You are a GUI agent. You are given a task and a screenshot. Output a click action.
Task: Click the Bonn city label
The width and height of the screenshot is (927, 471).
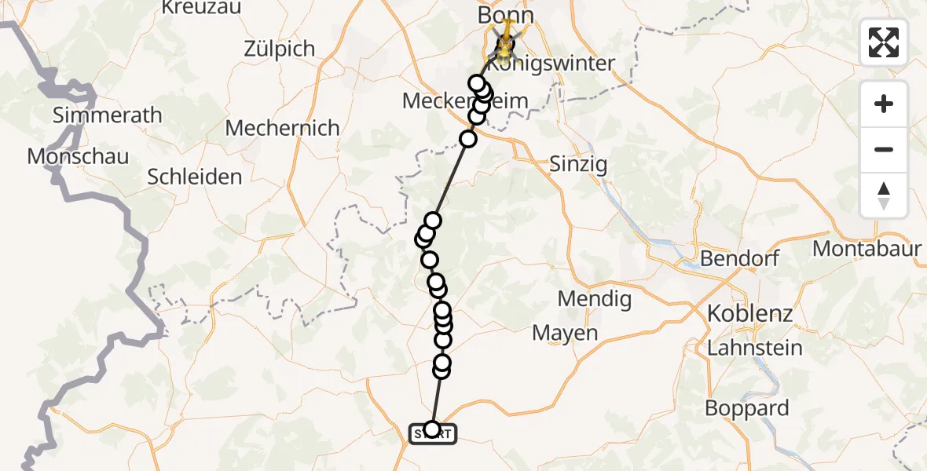505,16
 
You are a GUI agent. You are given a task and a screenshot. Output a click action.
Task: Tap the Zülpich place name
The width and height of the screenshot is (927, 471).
279,49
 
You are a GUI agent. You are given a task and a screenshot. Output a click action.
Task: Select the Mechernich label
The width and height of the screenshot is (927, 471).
282,128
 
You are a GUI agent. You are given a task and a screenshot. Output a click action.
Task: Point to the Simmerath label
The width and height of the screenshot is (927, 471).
108,115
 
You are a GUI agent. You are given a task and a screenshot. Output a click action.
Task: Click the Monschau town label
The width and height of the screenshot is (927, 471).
78,156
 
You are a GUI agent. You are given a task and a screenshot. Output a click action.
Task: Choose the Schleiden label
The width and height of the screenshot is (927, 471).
195,177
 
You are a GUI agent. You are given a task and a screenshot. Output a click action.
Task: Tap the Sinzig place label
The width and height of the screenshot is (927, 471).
578,165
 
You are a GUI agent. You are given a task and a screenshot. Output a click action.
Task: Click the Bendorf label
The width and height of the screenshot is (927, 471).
738,258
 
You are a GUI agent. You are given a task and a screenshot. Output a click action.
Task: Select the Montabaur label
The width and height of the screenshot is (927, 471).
867,249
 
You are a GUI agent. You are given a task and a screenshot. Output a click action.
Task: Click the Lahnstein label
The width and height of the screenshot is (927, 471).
755,348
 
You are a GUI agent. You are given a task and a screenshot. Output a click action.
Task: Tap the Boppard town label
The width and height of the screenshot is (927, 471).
746,408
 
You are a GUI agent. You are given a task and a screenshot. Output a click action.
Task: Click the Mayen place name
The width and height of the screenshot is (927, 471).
565,333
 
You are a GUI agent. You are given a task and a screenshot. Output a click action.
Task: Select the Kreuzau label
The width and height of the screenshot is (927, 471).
201,8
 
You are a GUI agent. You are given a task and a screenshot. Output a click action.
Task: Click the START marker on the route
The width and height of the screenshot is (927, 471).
432,433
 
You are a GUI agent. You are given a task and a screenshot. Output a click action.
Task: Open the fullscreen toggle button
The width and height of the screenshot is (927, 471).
884,42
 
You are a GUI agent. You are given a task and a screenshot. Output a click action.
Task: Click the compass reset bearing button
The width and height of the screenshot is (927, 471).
884,195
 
